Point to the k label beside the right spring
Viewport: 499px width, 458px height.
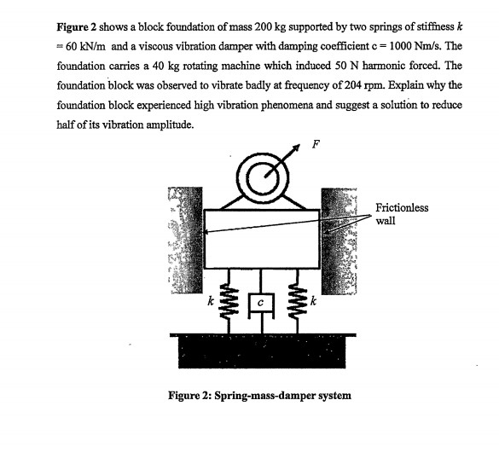click(x=314, y=301)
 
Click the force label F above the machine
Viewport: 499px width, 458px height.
click(x=314, y=142)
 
